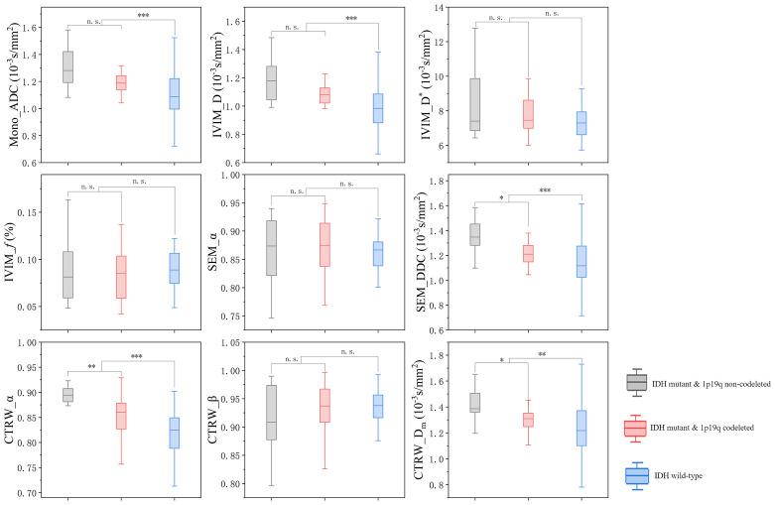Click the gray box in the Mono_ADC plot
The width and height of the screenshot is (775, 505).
[x=68, y=67]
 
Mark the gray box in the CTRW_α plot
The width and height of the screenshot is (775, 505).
[x=68, y=395]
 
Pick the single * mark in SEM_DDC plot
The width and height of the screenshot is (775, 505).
[x=501, y=197]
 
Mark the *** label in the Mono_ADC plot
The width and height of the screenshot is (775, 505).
[x=146, y=17]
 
